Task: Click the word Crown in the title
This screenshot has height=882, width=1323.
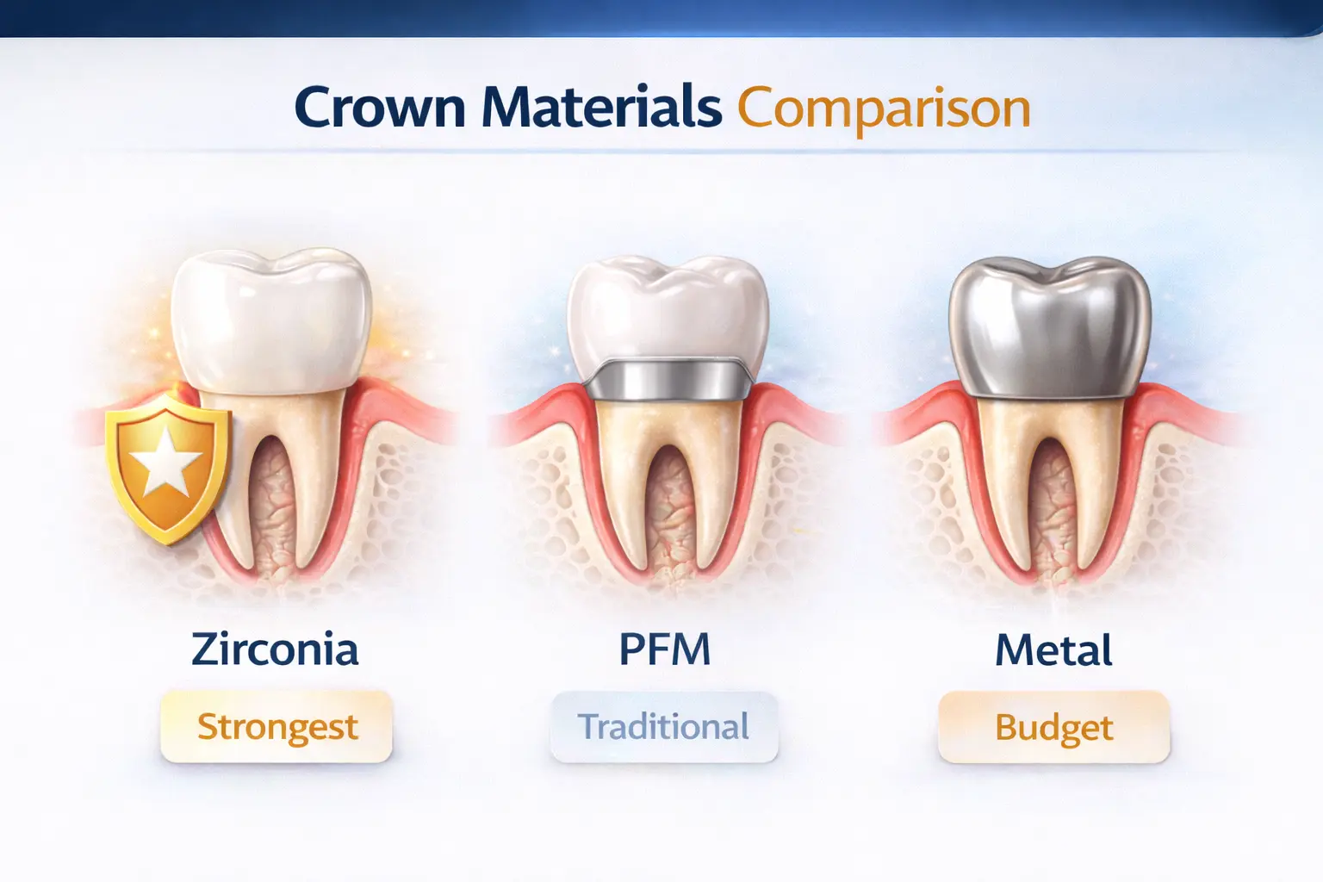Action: [x=380, y=109]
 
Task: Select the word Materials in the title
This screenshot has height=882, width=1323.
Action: [x=600, y=108]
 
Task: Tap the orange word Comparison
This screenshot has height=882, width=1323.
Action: [x=884, y=109]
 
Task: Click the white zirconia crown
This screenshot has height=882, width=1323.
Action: [x=270, y=320]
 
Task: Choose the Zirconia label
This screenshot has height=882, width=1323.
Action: [x=275, y=649]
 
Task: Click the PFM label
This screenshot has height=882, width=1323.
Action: [x=664, y=649]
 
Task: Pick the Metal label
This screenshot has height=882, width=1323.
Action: [x=1053, y=650]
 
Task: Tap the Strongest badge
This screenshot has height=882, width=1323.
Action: [x=276, y=727]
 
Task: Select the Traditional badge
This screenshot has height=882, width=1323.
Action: [x=663, y=727]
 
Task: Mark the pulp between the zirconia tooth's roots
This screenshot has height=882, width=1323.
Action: [x=271, y=508]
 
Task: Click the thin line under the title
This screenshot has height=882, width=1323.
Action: [x=661, y=152]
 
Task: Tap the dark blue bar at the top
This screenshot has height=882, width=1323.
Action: [x=661, y=17]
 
